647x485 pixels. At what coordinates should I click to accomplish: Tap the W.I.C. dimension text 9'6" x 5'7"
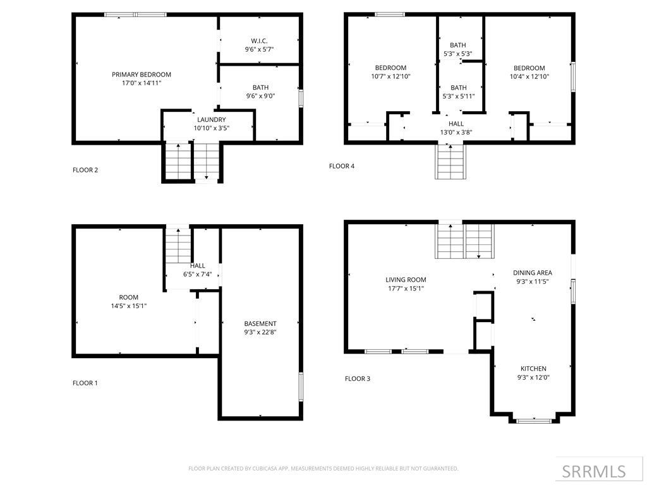coord(259,49)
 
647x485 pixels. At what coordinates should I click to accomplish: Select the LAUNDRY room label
coord(211,119)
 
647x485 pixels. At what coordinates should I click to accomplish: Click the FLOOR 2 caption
coord(85,170)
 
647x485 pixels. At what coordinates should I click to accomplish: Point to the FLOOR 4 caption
coord(342,166)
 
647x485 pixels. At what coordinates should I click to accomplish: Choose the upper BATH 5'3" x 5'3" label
coord(458,45)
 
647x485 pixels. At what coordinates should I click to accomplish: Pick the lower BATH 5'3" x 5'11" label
coord(459,88)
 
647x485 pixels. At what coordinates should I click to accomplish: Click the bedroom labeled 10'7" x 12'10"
coord(390,68)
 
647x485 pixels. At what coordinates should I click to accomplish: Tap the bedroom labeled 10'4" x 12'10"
coord(529,68)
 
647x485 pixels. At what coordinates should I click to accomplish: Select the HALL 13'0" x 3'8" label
coord(456,124)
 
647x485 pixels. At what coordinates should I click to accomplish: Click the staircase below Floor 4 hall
coord(450,162)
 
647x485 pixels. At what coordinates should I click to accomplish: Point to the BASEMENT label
coord(260,323)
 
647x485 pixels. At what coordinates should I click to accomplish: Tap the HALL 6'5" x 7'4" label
coord(197,266)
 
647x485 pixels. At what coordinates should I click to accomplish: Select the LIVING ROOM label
coord(406,280)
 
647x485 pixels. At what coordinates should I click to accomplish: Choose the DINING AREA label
coord(533,273)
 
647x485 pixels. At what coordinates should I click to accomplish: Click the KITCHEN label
coord(533,369)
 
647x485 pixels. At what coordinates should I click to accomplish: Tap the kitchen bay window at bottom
coord(534,420)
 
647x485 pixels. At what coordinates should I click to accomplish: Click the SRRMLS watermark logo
coord(594,471)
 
